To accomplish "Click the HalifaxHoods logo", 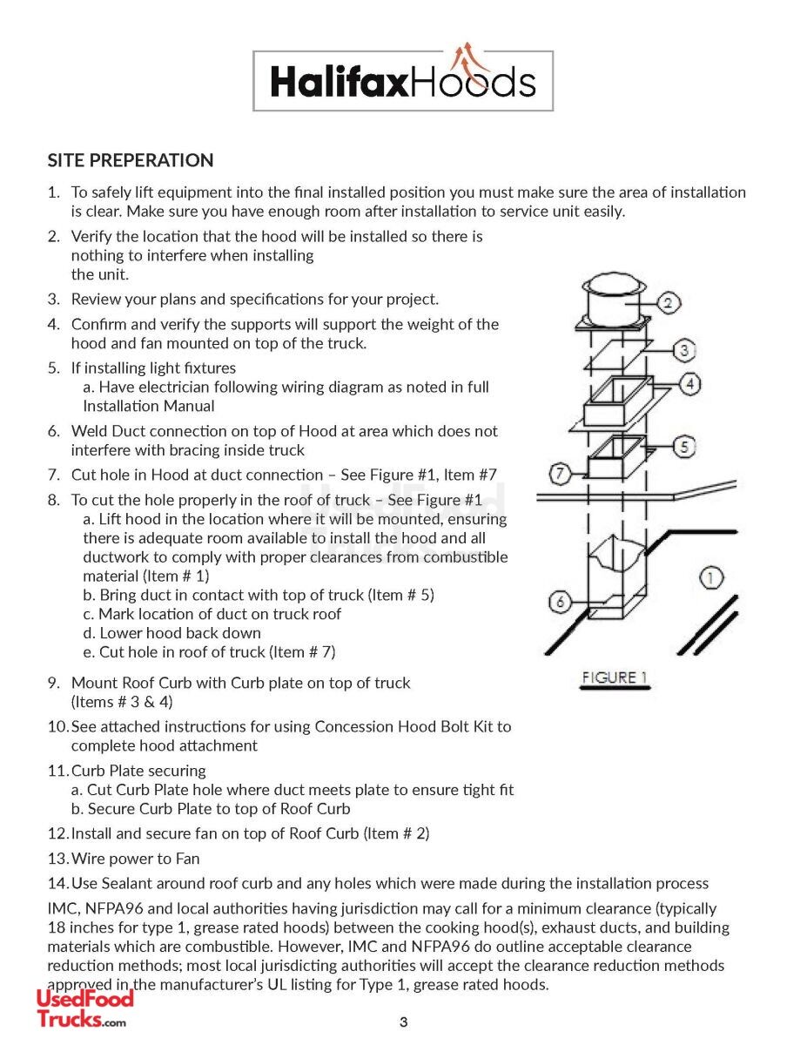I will click(403, 81).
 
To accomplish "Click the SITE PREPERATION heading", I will click(131, 160).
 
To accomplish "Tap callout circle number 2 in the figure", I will click(668, 303).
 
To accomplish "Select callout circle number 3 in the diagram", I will click(685, 350).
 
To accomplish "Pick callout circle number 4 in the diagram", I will click(689, 382).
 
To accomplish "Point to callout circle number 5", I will click(685, 447).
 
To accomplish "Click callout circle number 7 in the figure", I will click(562, 475).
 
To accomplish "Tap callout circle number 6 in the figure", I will click(562, 601).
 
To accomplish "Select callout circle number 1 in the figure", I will click(711, 577).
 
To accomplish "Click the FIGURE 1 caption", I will click(615, 678).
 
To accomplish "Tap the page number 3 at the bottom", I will click(403, 1022).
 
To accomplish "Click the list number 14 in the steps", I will click(57, 884).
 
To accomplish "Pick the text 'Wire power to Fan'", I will click(135, 859).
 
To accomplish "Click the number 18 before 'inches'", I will click(56, 927).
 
